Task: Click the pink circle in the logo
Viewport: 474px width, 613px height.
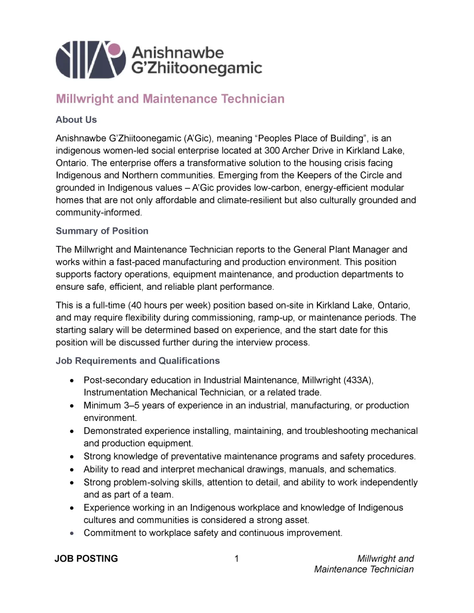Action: point(114,49)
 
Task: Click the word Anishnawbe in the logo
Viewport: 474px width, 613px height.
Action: point(178,52)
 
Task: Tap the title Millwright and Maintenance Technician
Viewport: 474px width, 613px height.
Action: point(170,99)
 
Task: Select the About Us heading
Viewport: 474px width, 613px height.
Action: point(76,119)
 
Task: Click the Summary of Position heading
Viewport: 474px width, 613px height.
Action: point(102,231)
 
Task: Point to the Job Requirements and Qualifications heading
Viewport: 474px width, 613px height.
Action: point(137,361)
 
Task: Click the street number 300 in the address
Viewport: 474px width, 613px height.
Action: point(272,151)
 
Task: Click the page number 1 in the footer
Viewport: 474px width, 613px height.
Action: point(237,559)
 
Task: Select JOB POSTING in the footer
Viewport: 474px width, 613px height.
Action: point(86,559)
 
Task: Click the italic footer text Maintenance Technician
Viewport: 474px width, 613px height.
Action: point(364,569)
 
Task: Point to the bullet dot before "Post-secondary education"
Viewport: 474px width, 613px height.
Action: point(73,381)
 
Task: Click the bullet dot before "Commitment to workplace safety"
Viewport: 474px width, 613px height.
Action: point(73,533)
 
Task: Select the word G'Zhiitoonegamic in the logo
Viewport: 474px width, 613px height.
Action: point(196,68)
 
